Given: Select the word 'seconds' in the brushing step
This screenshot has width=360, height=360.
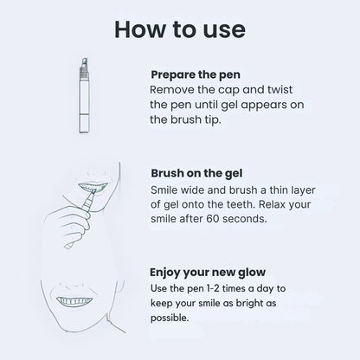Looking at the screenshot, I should (x=271, y=219).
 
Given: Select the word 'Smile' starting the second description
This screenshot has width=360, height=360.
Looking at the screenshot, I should (x=168, y=188).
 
